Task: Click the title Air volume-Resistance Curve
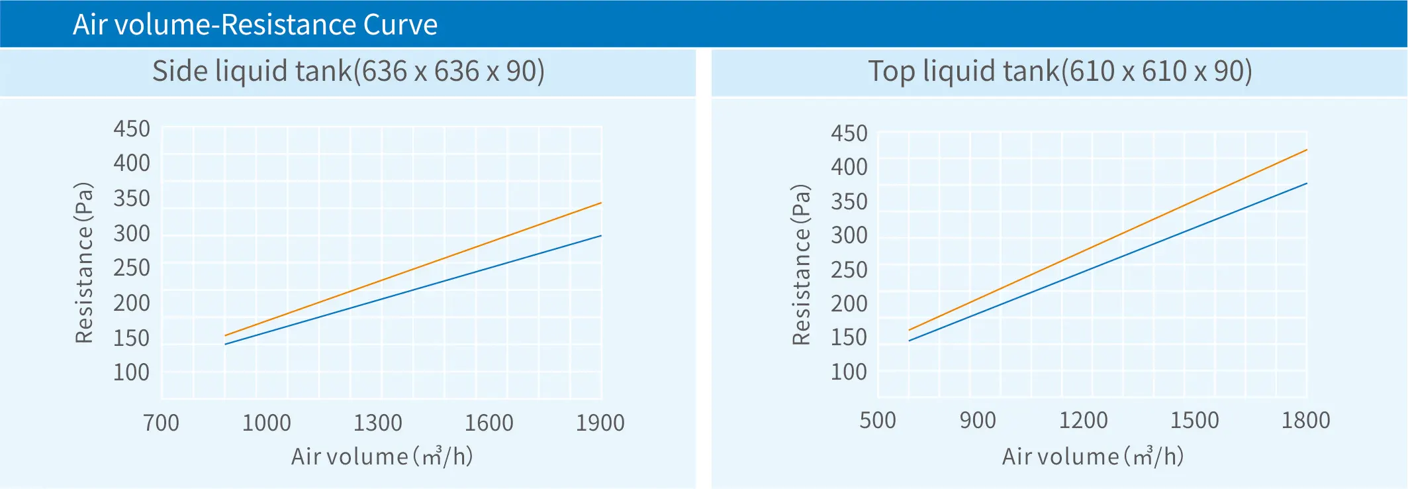point(255,25)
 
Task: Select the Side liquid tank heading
point(348,72)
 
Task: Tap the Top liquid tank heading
point(1060,72)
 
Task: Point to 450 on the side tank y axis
point(132,129)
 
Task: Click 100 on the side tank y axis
point(132,372)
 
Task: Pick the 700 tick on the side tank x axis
point(161,423)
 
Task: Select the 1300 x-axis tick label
point(377,423)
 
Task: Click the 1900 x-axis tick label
point(600,423)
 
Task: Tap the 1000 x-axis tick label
point(266,423)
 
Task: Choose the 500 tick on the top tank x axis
point(878,420)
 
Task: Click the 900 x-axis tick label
point(978,420)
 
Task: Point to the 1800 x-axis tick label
point(1305,420)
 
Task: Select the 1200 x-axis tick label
point(1083,420)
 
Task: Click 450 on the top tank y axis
point(849,133)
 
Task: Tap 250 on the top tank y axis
point(849,270)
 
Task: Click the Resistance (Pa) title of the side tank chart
point(84,262)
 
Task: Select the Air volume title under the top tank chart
point(1092,456)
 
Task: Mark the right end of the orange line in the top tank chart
point(1307,150)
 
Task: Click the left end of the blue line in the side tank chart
point(225,345)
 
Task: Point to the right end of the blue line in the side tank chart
point(601,235)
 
